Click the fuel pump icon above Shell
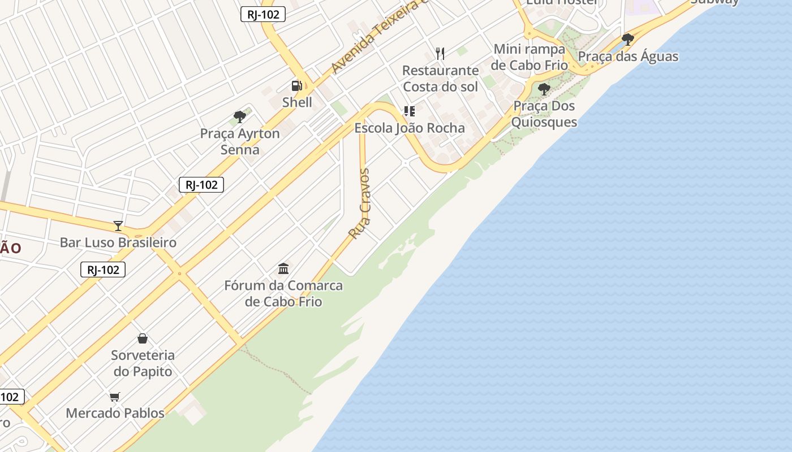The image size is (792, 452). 296,86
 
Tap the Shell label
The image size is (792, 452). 297,102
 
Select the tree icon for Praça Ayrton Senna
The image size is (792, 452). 240,117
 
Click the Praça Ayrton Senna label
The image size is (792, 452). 240,142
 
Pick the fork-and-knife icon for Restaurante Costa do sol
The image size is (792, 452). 440,54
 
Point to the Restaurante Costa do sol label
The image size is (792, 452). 440,79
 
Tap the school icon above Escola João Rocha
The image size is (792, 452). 409,111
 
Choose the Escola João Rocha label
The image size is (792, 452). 410,128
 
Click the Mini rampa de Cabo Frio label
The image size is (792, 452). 529,57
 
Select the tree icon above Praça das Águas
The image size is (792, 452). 627,39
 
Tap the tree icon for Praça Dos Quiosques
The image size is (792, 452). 544,89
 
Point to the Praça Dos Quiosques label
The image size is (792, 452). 544,114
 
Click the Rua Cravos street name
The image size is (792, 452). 360,203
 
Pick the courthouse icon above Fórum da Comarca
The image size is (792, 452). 283,268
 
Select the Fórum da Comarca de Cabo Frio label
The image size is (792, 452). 283,293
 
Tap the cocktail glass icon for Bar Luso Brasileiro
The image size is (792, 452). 118,226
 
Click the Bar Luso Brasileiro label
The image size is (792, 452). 118,242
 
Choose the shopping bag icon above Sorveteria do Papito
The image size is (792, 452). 143,338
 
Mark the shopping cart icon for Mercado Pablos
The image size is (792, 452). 115,397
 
